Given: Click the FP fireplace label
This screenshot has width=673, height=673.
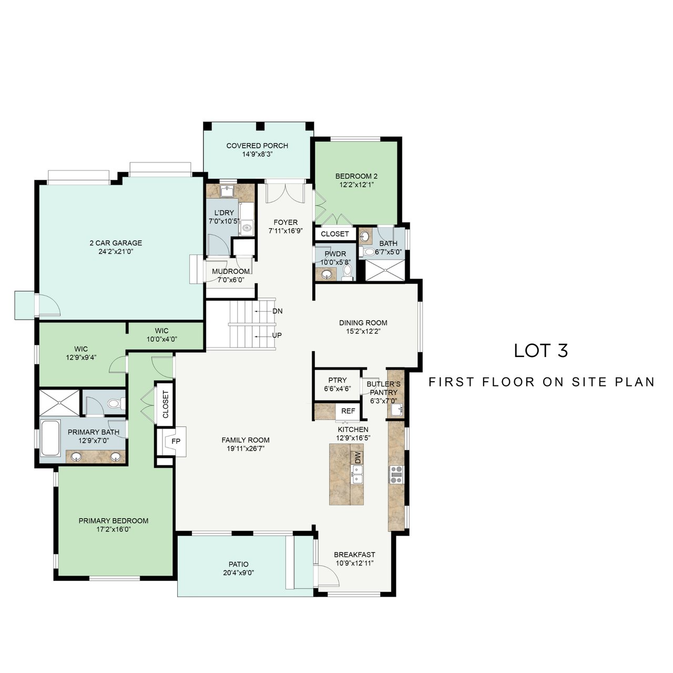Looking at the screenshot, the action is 176,441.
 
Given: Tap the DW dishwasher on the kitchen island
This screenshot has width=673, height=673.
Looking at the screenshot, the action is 357,458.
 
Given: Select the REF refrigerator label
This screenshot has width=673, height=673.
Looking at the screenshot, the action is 348,411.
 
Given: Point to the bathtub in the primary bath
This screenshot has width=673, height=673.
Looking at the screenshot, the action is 50,438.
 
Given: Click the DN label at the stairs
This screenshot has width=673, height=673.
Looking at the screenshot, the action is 277,311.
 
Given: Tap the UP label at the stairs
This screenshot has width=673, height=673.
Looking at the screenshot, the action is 277,335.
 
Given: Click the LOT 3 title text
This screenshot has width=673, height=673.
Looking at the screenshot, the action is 541,351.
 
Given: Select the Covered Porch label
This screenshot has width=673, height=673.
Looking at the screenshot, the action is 257,146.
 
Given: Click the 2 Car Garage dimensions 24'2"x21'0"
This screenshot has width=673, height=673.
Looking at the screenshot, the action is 116,251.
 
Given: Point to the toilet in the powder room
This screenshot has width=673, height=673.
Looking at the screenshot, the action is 347,272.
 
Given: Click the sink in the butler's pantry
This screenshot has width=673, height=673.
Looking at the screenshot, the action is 396,410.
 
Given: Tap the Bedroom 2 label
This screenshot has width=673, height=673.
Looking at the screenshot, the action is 356,176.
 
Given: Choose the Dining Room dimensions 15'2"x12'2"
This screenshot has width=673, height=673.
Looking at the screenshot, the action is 363,331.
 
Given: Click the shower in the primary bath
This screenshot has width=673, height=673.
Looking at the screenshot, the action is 59,402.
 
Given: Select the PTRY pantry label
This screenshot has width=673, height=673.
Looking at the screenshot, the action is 338,380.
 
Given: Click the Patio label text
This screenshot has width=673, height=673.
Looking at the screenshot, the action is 239,564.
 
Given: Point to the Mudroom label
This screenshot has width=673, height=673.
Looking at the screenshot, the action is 231,271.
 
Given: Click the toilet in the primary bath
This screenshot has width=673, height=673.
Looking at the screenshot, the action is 115,404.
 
